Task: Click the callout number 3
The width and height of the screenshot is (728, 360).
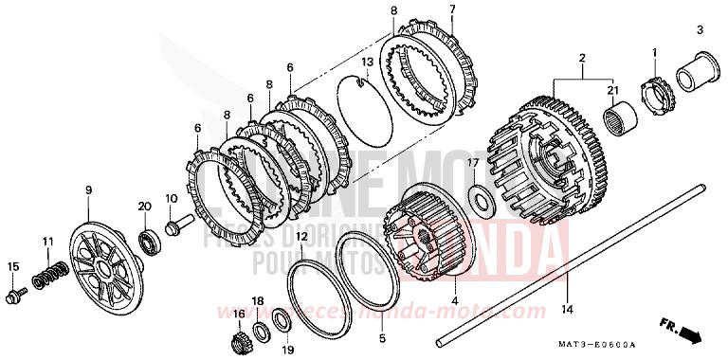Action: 700,31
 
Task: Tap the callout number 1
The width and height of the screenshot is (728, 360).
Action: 653,50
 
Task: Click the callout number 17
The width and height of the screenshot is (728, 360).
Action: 470,163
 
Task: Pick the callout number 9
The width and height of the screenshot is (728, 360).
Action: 88,190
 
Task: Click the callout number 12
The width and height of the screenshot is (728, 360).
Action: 301,236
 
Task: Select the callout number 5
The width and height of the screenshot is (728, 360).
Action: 383,337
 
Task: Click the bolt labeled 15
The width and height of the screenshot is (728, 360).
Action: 14,297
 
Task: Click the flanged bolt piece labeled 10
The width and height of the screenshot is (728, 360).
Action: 178,227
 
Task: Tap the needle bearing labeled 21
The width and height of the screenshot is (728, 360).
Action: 620,122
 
